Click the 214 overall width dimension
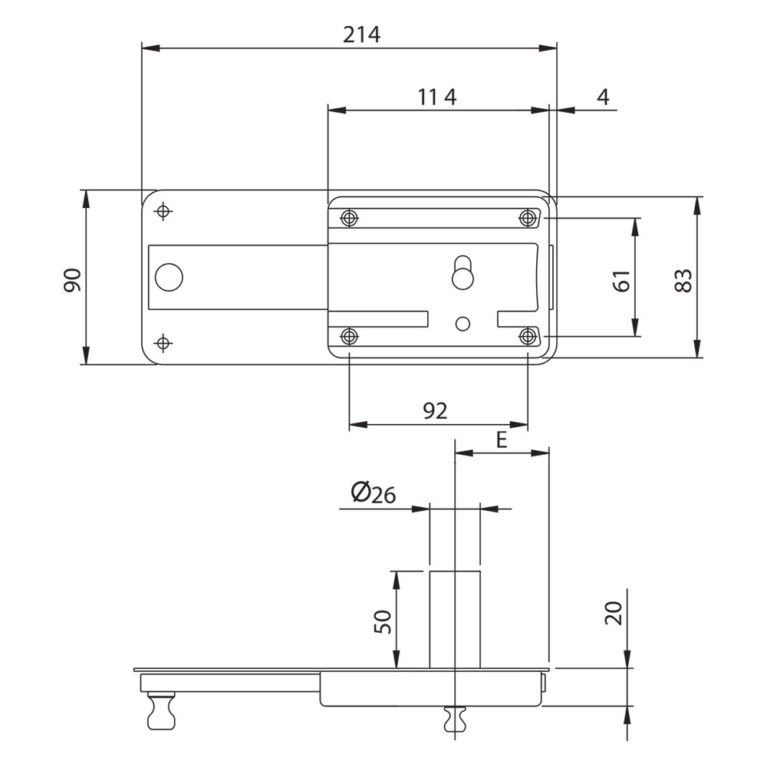(361, 35)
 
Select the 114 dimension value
(437, 97)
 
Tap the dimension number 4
(604, 97)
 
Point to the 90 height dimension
(72, 280)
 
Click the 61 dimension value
(621, 281)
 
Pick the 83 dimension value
(683, 281)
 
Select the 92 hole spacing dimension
(435, 411)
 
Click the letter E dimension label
(502, 439)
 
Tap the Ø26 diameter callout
(374, 493)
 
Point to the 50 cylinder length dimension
(383, 622)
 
